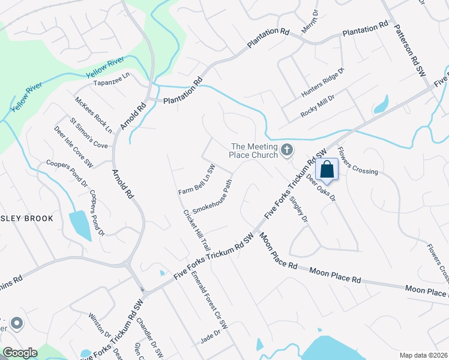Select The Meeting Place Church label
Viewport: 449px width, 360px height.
pos(255,151)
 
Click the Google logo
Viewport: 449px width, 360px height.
pos(20,353)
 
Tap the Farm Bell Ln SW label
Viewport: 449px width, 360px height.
pos(196,179)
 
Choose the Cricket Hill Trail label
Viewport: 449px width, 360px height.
pos(197,230)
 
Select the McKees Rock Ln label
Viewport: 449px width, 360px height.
pos(94,115)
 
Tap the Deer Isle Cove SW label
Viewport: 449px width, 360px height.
pos(74,146)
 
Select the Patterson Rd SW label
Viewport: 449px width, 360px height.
pos(409,49)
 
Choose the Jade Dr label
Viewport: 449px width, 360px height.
pos(211,338)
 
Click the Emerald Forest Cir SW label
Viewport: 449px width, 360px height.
pos(210,300)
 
